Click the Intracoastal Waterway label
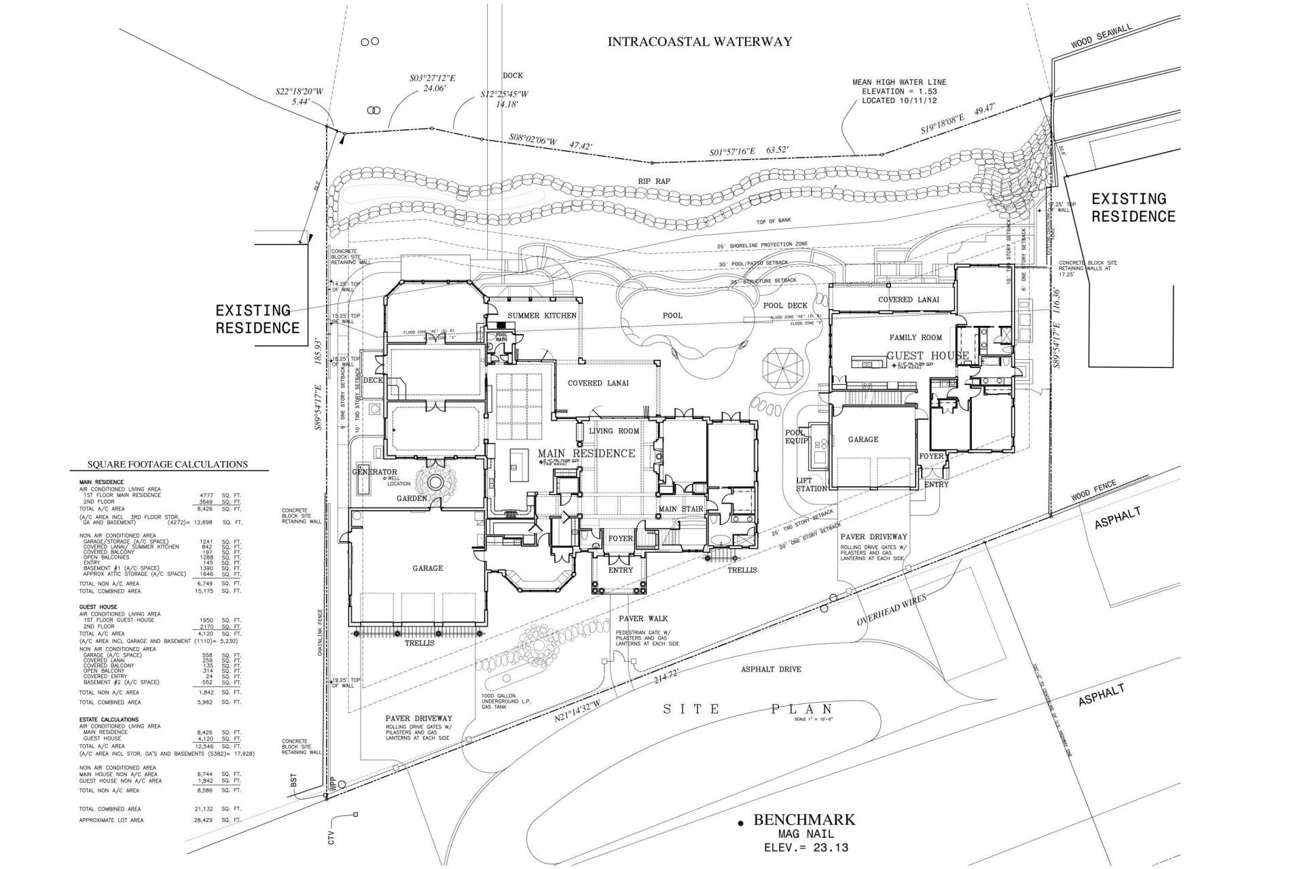(x=700, y=41)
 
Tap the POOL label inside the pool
(x=672, y=315)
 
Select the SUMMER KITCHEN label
(x=542, y=316)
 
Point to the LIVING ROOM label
(x=614, y=431)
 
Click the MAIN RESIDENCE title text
(x=587, y=454)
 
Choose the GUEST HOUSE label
(x=928, y=355)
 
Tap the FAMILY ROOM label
(x=916, y=337)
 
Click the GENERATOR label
(x=374, y=472)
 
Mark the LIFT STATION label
(x=812, y=484)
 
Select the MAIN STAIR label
(x=680, y=509)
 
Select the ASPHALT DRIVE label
(x=771, y=669)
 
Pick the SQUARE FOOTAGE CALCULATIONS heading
(x=167, y=464)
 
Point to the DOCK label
(x=513, y=75)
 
